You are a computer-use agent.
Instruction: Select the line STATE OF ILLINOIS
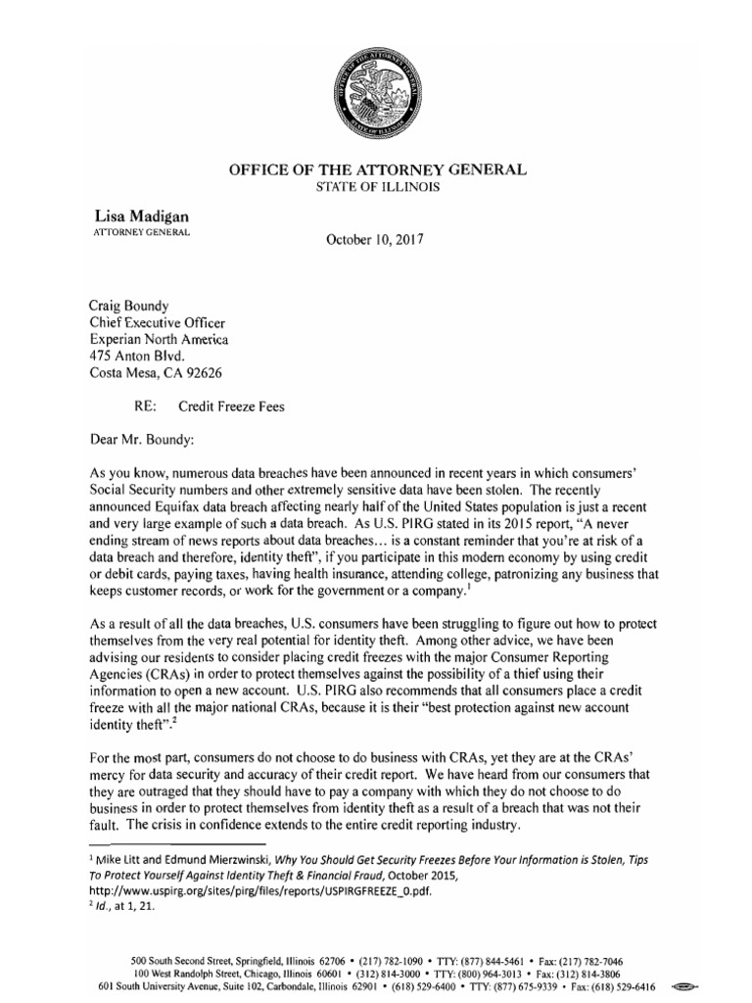coord(377,186)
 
